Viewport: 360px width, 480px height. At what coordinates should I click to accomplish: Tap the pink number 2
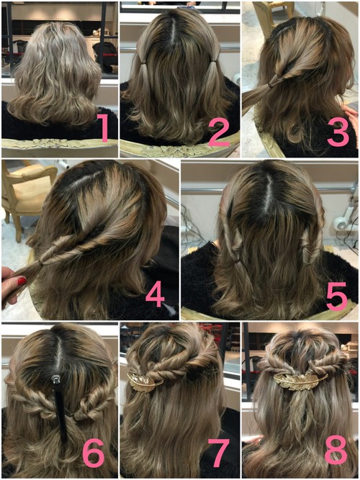pyautogui.click(x=220, y=132)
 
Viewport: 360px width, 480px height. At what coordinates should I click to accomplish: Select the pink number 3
pyautogui.click(x=338, y=132)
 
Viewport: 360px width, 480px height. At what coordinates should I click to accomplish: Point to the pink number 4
pyautogui.click(x=155, y=294)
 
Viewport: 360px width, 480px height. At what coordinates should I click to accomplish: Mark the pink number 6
pyautogui.click(x=94, y=453)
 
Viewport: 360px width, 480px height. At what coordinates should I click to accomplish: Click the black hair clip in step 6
pyautogui.click(x=60, y=408)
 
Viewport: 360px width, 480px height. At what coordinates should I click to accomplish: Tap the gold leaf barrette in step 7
pyautogui.click(x=143, y=382)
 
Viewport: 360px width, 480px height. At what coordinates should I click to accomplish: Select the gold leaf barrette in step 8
pyautogui.click(x=296, y=381)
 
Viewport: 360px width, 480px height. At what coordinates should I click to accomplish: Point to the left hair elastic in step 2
pyautogui.click(x=144, y=63)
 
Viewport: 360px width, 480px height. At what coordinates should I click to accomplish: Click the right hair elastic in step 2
pyautogui.click(x=212, y=63)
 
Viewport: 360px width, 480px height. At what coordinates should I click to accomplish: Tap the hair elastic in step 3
pyautogui.click(x=271, y=84)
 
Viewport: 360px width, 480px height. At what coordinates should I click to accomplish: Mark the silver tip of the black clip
pyautogui.click(x=55, y=379)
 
